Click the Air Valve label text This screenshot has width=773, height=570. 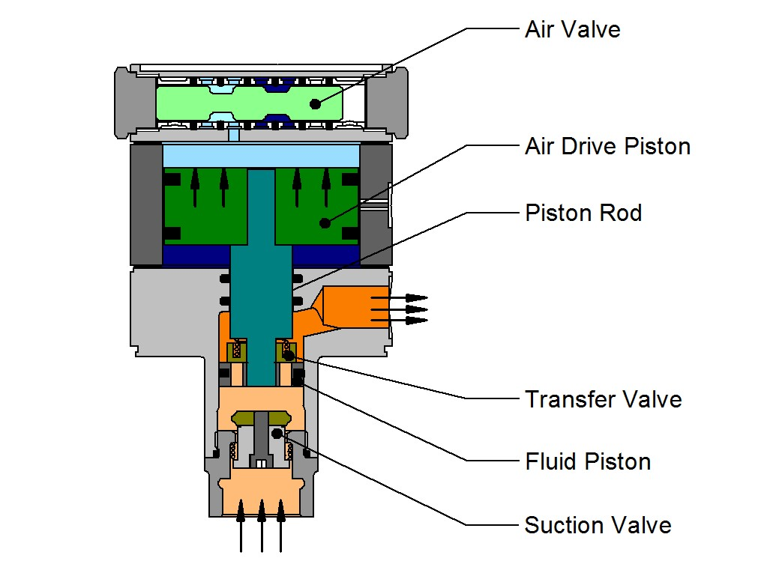pyautogui.click(x=572, y=29)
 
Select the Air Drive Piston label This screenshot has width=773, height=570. pyautogui.click(x=607, y=146)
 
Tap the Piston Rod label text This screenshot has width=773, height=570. pyautogui.click(x=583, y=213)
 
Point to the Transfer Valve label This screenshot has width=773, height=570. pyautogui.click(x=604, y=399)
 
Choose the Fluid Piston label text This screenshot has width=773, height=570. pyautogui.click(x=588, y=461)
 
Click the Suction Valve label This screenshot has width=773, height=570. pyautogui.click(x=598, y=525)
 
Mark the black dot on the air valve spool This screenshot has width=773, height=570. pyautogui.click(x=316, y=104)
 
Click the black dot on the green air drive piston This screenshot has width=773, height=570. pyautogui.click(x=325, y=223)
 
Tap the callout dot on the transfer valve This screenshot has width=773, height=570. pyautogui.click(x=289, y=355)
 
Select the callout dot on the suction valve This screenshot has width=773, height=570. pyautogui.click(x=277, y=434)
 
